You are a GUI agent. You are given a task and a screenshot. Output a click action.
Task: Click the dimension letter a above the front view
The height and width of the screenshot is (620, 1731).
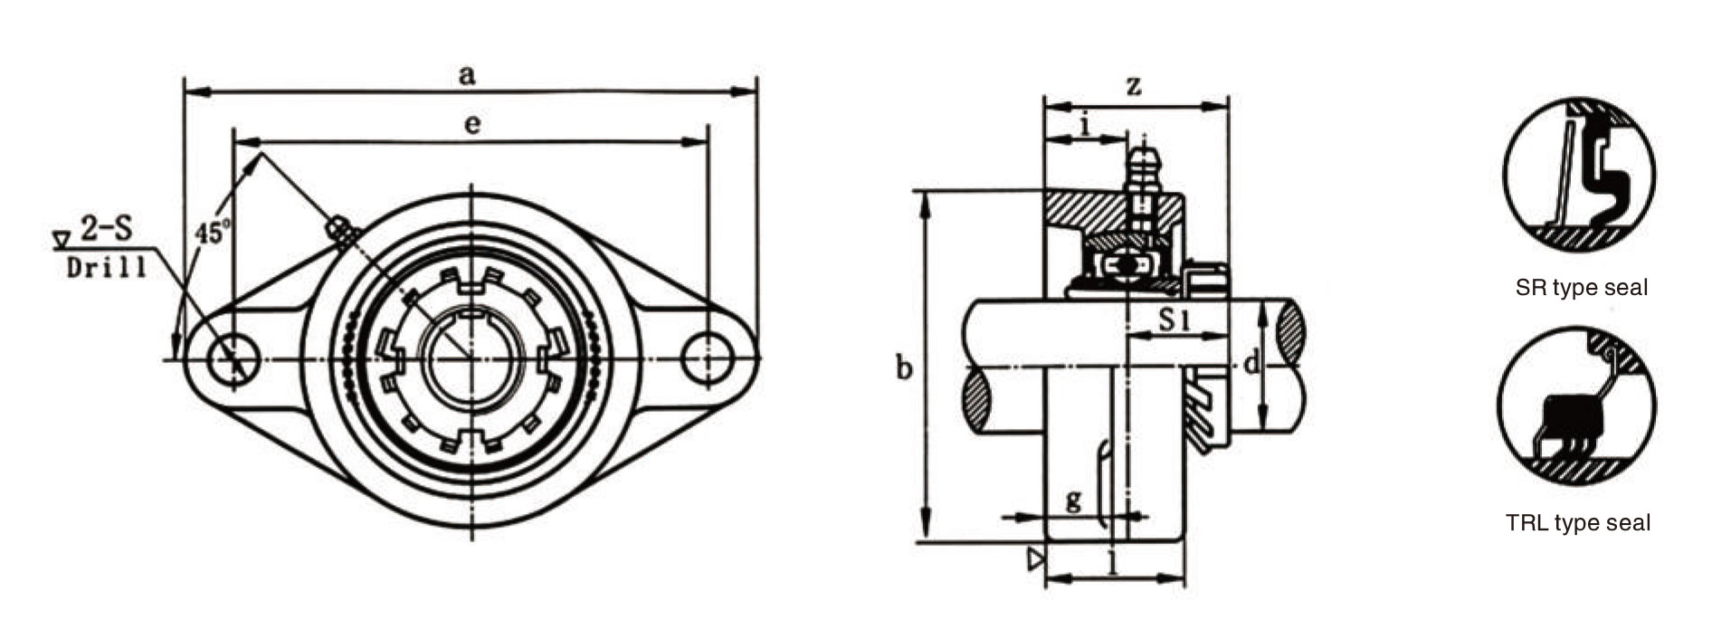(466, 74)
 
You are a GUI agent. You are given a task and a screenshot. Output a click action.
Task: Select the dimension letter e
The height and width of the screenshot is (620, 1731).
(471, 125)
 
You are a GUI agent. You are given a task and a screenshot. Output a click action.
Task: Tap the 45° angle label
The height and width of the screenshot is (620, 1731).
(211, 232)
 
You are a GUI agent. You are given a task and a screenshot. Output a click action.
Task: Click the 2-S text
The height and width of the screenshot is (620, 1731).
(106, 228)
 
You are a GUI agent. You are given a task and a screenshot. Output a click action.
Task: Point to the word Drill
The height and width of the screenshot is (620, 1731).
(107, 268)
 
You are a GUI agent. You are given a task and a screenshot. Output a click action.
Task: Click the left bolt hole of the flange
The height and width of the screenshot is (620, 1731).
(233, 360)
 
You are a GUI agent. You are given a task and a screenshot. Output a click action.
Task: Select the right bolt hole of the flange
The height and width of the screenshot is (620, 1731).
(707, 359)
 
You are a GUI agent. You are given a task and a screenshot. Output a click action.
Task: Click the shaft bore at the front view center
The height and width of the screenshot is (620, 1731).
(471, 359)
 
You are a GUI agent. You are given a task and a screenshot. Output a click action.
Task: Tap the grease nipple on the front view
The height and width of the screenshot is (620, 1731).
(341, 230)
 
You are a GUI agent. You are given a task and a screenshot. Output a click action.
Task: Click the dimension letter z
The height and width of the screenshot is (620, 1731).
(1133, 87)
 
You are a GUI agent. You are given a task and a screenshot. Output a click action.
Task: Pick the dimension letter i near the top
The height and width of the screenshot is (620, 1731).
(1085, 126)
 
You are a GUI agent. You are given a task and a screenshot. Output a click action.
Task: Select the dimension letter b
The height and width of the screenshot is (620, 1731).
(903, 368)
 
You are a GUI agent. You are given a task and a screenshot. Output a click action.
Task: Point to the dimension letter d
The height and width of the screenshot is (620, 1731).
(1251, 364)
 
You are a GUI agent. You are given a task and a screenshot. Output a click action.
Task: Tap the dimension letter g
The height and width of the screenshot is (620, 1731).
(1073, 501)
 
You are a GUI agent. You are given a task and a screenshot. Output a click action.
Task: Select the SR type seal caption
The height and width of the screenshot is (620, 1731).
(1581, 289)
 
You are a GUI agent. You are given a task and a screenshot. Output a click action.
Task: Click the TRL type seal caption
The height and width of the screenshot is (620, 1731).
(1577, 523)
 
